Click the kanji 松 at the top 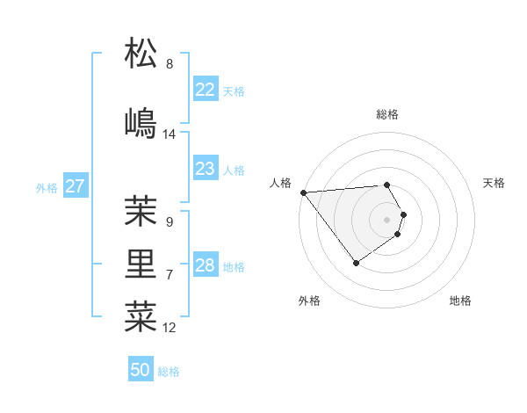coord(141,54)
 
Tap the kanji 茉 coord(141,212)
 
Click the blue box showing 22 coord(205,90)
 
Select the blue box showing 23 coord(205,169)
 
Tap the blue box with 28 coord(205,265)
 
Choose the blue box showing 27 coord(75,186)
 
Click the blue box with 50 coord(141,370)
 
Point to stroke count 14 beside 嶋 coord(170,134)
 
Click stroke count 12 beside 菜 coord(170,328)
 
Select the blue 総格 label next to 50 coord(169,372)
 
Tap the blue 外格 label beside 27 coord(47,187)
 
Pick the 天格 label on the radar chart coord(495,183)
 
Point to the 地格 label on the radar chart coord(460,301)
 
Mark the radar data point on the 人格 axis coord(303,192)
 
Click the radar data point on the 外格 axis coord(356,263)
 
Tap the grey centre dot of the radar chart coord(386,220)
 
